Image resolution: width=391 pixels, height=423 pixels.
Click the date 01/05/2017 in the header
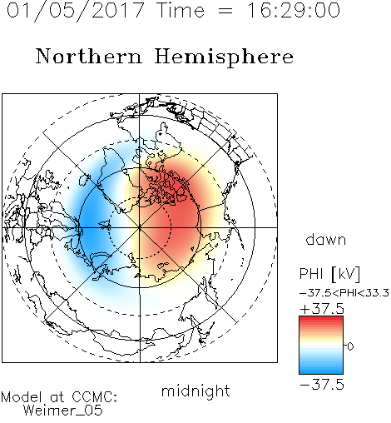pos(76,11)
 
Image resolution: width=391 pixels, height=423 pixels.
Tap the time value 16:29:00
pos(294,10)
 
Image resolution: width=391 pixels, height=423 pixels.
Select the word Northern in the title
pos(89,57)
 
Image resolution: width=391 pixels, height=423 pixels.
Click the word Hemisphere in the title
pos(224,57)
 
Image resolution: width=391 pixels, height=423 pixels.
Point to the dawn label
pos(326,240)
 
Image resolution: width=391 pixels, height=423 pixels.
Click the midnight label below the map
pos(195,391)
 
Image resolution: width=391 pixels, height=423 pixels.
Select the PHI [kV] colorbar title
pos(329,274)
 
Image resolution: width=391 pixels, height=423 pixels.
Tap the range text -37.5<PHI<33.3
pos(344,293)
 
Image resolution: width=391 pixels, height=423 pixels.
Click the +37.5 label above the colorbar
pos(322,309)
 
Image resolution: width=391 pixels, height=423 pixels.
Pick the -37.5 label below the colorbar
pos(322,385)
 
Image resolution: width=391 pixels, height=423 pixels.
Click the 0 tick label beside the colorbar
pos(350,346)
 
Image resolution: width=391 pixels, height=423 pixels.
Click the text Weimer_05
pos(63,411)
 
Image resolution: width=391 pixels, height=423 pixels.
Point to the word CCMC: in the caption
pos(95,397)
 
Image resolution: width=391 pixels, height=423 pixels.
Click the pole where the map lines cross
pos(140,227)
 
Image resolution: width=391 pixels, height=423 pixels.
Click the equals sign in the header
pos(225,11)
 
